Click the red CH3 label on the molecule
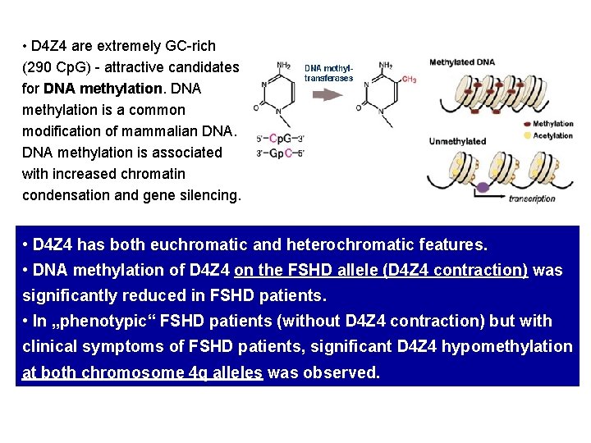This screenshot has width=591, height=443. pos(408,80)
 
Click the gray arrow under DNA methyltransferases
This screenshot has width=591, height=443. pos(328,94)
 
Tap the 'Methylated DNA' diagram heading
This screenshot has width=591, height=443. pos(462,62)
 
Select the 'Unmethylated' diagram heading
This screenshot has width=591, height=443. pos(458,141)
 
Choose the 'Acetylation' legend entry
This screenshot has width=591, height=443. pos(552,135)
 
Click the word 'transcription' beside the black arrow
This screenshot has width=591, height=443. pos(532,199)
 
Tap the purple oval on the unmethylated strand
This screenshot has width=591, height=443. pos(483,188)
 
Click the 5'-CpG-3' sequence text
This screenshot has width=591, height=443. pos(281,138)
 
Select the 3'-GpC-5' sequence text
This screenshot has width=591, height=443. pos(281,153)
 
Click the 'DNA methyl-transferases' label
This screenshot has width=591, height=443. pos(328,73)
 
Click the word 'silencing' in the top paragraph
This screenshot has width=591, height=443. pos(208,194)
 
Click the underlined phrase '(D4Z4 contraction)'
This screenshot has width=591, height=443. pos(456,271)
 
